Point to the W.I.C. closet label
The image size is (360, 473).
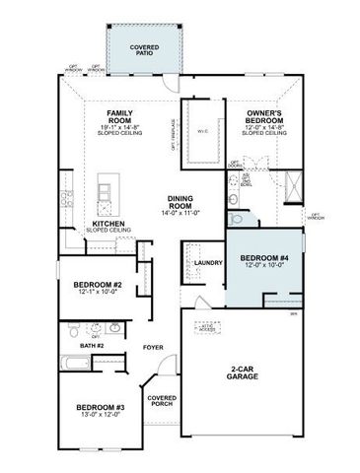[203, 129]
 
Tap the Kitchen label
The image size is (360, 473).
[108, 223]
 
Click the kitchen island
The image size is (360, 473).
[107, 193]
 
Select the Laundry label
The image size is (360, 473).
[206, 262]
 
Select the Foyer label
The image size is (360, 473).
[152, 348]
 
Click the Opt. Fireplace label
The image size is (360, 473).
[174, 148]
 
